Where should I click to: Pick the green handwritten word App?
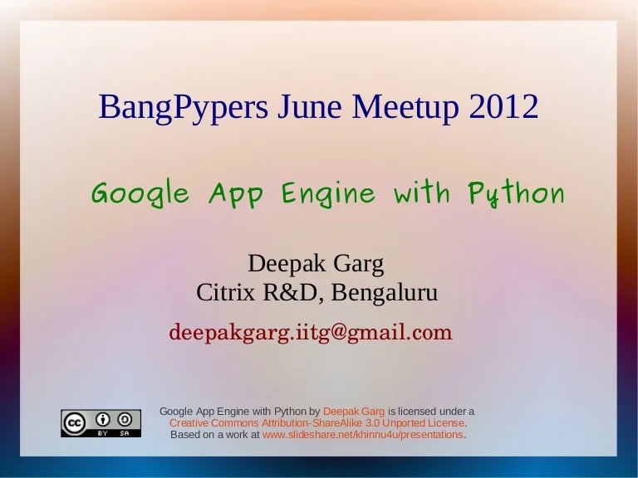pyautogui.click(x=236, y=195)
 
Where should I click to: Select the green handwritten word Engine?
pyautogui.click(x=328, y=195)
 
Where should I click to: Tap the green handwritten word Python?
pyautogui.click(x=516, y=195)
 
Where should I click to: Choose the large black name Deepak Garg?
pyautogui.click(x=317, y=265)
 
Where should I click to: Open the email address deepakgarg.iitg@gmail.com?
pyautogui.click(x=311, y=333)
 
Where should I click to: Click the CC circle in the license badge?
pyautogui.click(x=74, y=423)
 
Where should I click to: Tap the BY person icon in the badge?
pyautogui.click(x=104, y=419)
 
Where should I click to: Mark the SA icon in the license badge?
pyautogui.click(x=125, y=419)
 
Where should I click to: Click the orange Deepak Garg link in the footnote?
pyautogui.click(x=354, y=411)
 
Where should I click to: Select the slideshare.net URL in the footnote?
pyautogui.click(x=363, y=434)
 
